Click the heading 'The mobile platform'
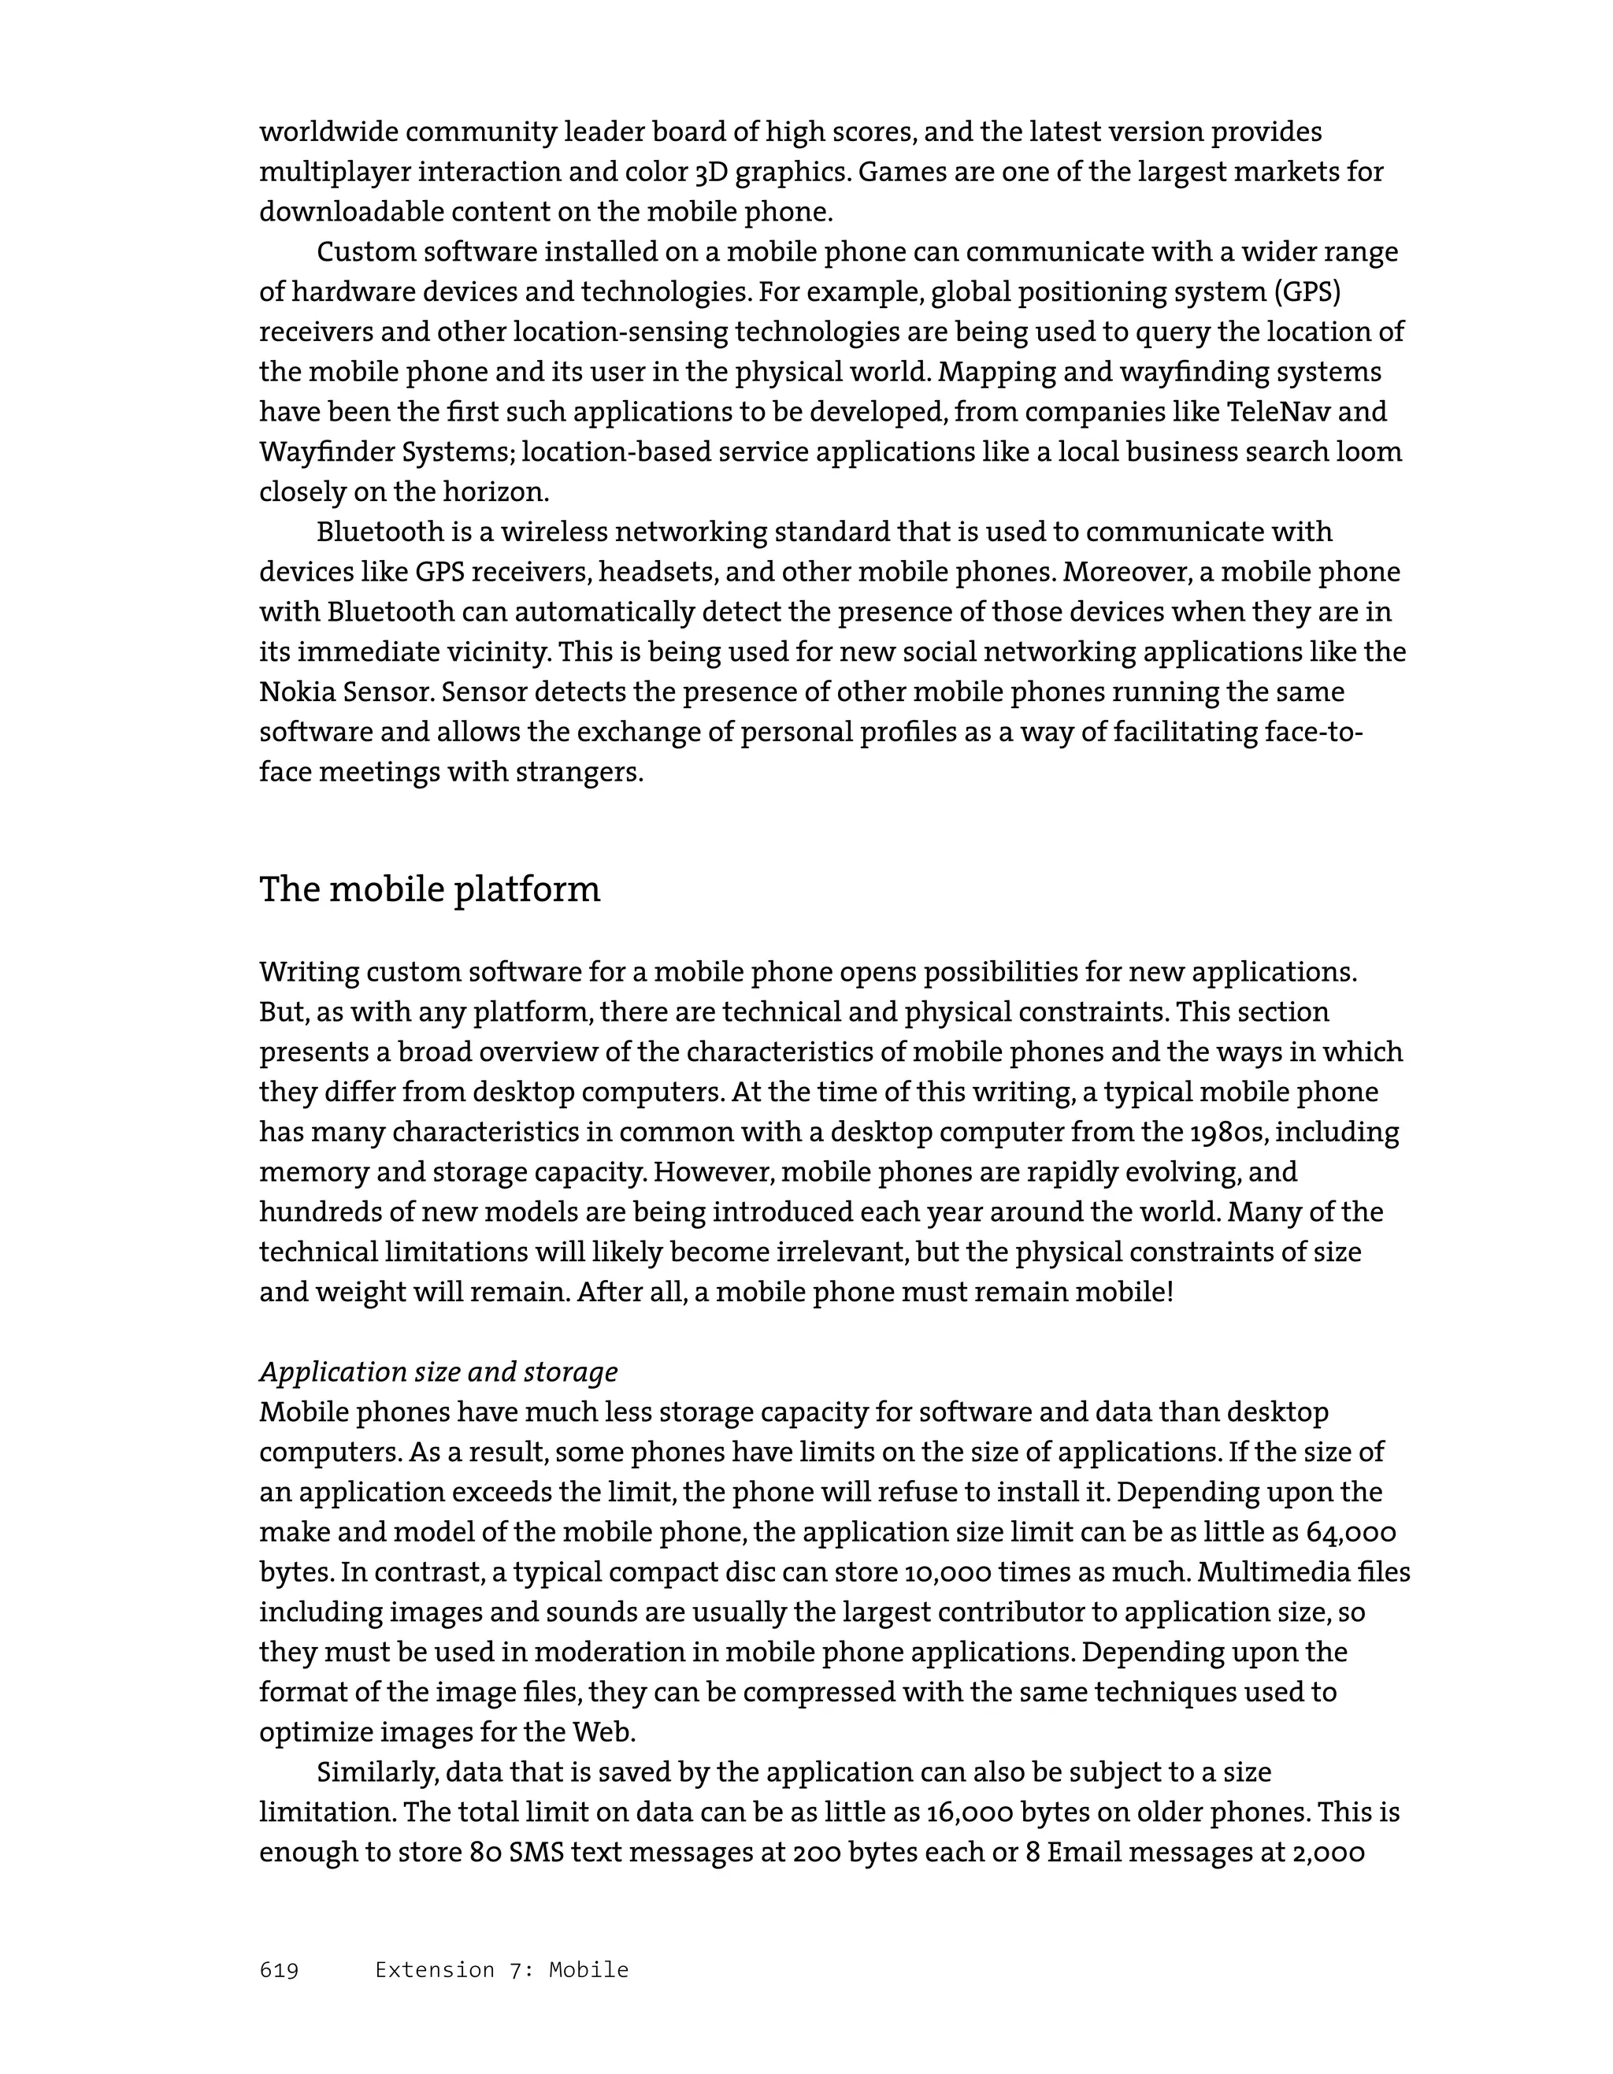429,890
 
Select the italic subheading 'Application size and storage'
438,1371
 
